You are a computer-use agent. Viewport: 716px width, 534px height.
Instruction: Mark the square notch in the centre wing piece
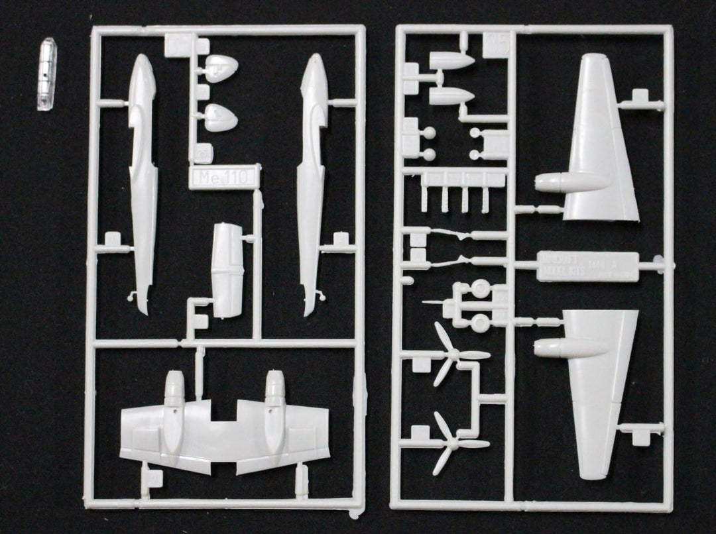[225, 412]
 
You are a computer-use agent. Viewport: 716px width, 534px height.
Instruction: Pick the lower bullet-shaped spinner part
[452, 96]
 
